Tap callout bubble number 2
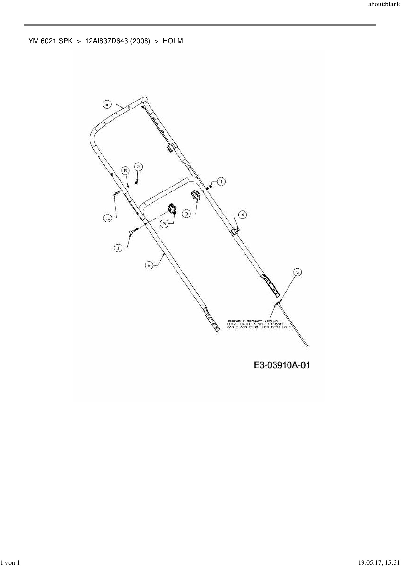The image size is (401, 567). coord(138,167)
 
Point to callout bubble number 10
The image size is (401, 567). coord(107,219)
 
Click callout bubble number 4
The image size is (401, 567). coord(242,214)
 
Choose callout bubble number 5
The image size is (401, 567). coord(297,272)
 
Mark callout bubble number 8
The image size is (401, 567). coord(149,265)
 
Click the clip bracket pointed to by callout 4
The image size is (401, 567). coord(236,230)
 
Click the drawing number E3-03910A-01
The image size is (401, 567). coord(282,365)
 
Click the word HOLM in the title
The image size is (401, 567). coord(173,41)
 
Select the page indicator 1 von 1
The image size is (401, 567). coord(10,563)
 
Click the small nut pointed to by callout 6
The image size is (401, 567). coord(128,186)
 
